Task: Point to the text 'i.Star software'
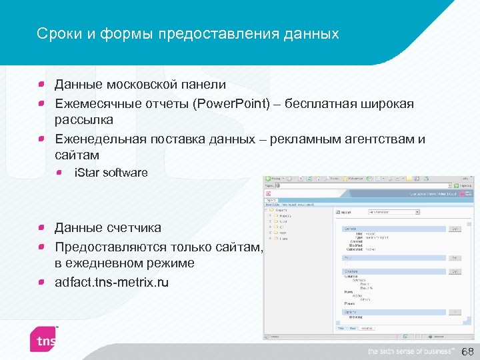pos(111,173)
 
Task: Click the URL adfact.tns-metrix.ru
pos(111,282)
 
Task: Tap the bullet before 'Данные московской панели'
pos(41,85)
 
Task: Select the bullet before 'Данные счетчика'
pos(41,228)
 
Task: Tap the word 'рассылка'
pos(84,120)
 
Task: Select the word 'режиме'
pos(172,263)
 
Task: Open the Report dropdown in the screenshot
pos(394,213)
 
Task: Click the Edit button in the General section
pos(453,229)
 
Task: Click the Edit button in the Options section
pos(453,311)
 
